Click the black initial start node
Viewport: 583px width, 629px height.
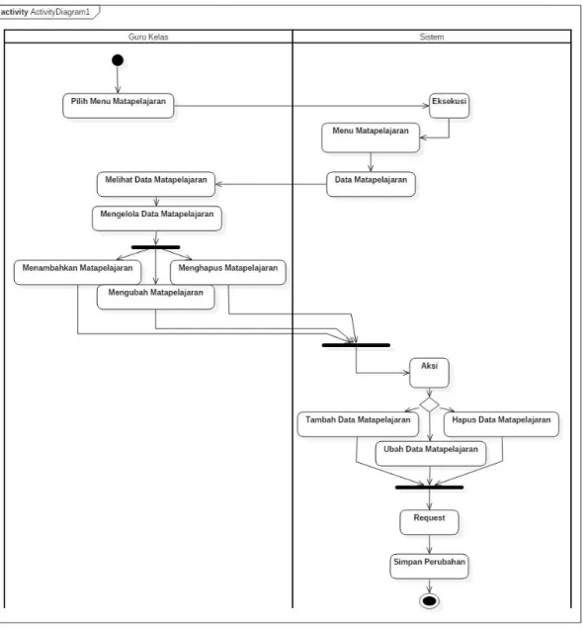(118, 60)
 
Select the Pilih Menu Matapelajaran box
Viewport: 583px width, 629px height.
(119, 106)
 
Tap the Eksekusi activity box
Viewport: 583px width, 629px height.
(450, 106)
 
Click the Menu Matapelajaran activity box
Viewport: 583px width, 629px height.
(371, 137)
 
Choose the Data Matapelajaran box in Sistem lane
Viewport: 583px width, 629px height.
(371, 185)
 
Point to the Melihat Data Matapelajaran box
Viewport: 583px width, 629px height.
(156, 185)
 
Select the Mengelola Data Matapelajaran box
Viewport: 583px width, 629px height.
(157, 219)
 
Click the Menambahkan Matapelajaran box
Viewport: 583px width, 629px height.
(77, 273)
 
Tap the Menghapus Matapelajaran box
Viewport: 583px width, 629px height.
(228, 273)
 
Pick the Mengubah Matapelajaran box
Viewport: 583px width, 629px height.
(155, 298)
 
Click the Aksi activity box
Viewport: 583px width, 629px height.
(429, 373)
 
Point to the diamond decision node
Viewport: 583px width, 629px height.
(429, 404)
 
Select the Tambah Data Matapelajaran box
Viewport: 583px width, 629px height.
(358, 424)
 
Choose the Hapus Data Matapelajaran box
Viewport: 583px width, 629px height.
(501, 424)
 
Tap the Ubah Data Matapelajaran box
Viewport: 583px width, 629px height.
(431, 454)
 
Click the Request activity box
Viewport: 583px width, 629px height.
(429, 522)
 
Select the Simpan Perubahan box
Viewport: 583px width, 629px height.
(429, 567)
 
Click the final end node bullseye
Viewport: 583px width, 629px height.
(429, 601)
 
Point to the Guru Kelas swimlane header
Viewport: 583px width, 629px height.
(148, 37)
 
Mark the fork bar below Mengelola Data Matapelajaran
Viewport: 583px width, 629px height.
(155, 247)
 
